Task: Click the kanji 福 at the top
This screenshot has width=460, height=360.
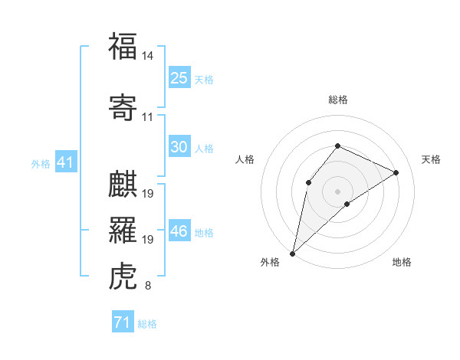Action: [x=123, y=47]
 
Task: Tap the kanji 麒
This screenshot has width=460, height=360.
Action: [x=123, y=184]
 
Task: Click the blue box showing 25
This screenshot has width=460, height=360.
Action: [x=179, y=78]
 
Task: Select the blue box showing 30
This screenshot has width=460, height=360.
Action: [x=179, y=147]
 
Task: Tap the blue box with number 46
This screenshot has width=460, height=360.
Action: [x=179, y=231]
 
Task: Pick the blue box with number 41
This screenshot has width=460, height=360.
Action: [x=64, y=162]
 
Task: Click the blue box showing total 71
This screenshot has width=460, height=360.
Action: [x=122, y=322]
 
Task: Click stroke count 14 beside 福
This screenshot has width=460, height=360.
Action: [x=148, y=56]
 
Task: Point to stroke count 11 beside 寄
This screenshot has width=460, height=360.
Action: [x=148, y=117]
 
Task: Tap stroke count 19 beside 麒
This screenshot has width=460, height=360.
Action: [x=148, y=194]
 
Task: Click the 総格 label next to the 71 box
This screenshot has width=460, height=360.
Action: [x=147, y=324]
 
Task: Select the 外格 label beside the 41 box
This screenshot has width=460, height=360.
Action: [x=40, y=163]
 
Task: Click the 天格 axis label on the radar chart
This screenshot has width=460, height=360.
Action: [x=432, y=159]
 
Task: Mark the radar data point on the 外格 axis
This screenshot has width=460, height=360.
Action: [x=293, y=253]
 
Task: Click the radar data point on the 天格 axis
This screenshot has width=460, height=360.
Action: [x=396, y=172]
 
